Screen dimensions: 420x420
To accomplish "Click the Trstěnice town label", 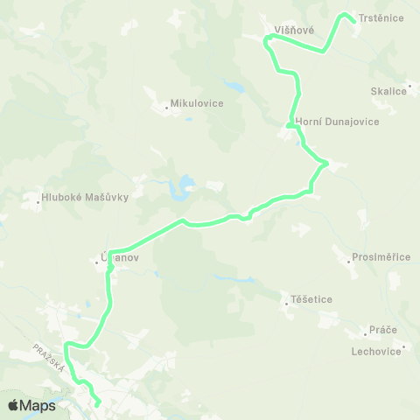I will click(381, 17).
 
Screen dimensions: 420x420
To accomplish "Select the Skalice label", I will click(389, 90).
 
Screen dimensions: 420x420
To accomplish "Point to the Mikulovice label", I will click(197, 103).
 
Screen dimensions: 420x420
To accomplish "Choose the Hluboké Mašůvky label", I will click(86, 197).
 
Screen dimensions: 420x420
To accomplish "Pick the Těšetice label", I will click(312, 299).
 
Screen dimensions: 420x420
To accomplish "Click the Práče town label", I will click(383, 329).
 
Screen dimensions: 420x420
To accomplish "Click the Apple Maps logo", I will click(31, 405).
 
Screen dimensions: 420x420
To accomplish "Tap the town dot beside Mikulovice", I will click(166, 108).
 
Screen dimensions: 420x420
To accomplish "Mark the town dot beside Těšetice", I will click(286, 304).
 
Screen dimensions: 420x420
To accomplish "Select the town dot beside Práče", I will click(365, 333).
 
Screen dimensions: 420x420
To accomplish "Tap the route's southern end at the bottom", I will click(98, 404).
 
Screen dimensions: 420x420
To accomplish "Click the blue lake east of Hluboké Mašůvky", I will click(185, 184).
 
